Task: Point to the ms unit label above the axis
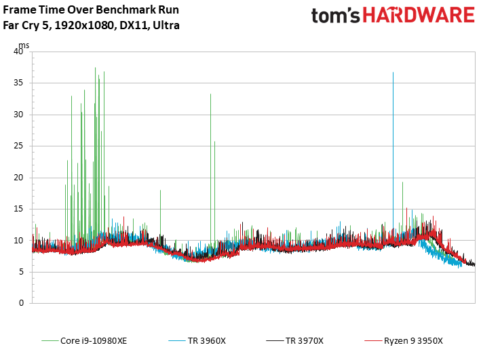(24, 45)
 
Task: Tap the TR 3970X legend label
(304, 341)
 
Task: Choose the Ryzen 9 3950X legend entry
(413, 341)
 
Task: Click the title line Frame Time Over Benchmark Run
(84, 12)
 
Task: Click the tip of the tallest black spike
(393, 73)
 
